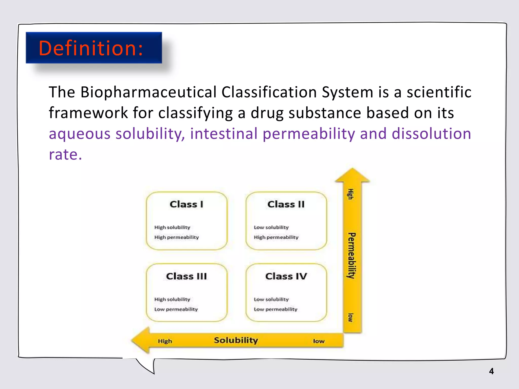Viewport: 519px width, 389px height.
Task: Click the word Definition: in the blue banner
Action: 91,48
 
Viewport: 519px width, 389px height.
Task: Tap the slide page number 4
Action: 491,371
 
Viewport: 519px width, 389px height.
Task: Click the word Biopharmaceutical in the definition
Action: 148,92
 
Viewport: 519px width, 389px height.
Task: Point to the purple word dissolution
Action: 431,134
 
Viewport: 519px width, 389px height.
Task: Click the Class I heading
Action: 187,204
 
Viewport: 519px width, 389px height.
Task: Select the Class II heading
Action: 286,204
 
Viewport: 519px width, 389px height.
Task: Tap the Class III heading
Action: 187,276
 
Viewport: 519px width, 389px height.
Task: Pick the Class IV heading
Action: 286,276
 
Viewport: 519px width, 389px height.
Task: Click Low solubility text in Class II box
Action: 271,227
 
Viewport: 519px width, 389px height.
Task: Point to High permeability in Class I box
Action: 176,237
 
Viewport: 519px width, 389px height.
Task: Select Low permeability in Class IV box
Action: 275,309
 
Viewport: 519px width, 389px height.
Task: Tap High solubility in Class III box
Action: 172,299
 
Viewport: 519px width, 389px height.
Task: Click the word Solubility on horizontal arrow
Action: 236,340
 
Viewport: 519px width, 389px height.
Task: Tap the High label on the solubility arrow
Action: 165,341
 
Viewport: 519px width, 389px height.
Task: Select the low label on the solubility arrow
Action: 319,341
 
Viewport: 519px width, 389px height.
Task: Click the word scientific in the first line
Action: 439,92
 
